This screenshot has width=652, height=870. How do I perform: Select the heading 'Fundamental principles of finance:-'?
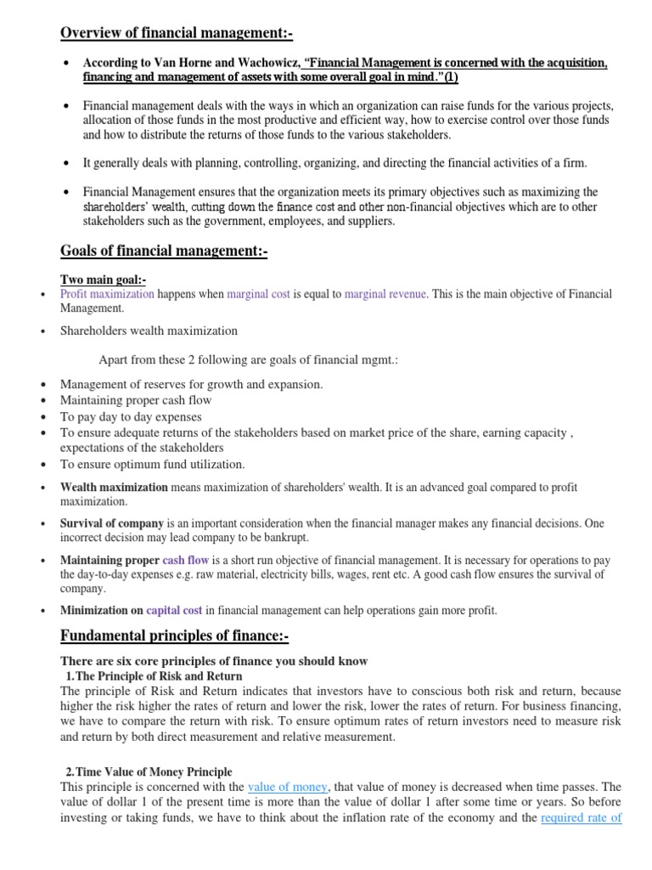pyautogui.click(x=175, y=636)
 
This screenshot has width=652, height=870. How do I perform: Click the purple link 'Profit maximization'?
pyautogui.click(x=107, y=294)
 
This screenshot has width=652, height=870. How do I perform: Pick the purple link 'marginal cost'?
pyautogui.click(x=258, y=294)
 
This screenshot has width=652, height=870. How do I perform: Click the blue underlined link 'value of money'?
pyautogui.click(x=288, y=787)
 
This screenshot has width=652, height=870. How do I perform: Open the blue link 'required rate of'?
pyautogui.click(x=582, y=817)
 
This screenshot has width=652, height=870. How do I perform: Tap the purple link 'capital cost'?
pyautogui.click(x=174, y=610)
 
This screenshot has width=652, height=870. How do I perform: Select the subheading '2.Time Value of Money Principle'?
pyautogui.click(x=149, y=771)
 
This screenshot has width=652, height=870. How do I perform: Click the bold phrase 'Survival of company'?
pyautogui.click(x=112, y=524)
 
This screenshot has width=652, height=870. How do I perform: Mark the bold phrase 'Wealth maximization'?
pyautogui.click(x=114, y=488)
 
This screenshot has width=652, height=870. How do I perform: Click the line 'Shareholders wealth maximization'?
pyautogui.click(x=149, y=330)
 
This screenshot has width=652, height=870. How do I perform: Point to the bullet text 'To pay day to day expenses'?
pyautogui.click(x=131, y=416)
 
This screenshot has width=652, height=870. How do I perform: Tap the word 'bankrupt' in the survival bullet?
pyautogui.click(x=288, y=539)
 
